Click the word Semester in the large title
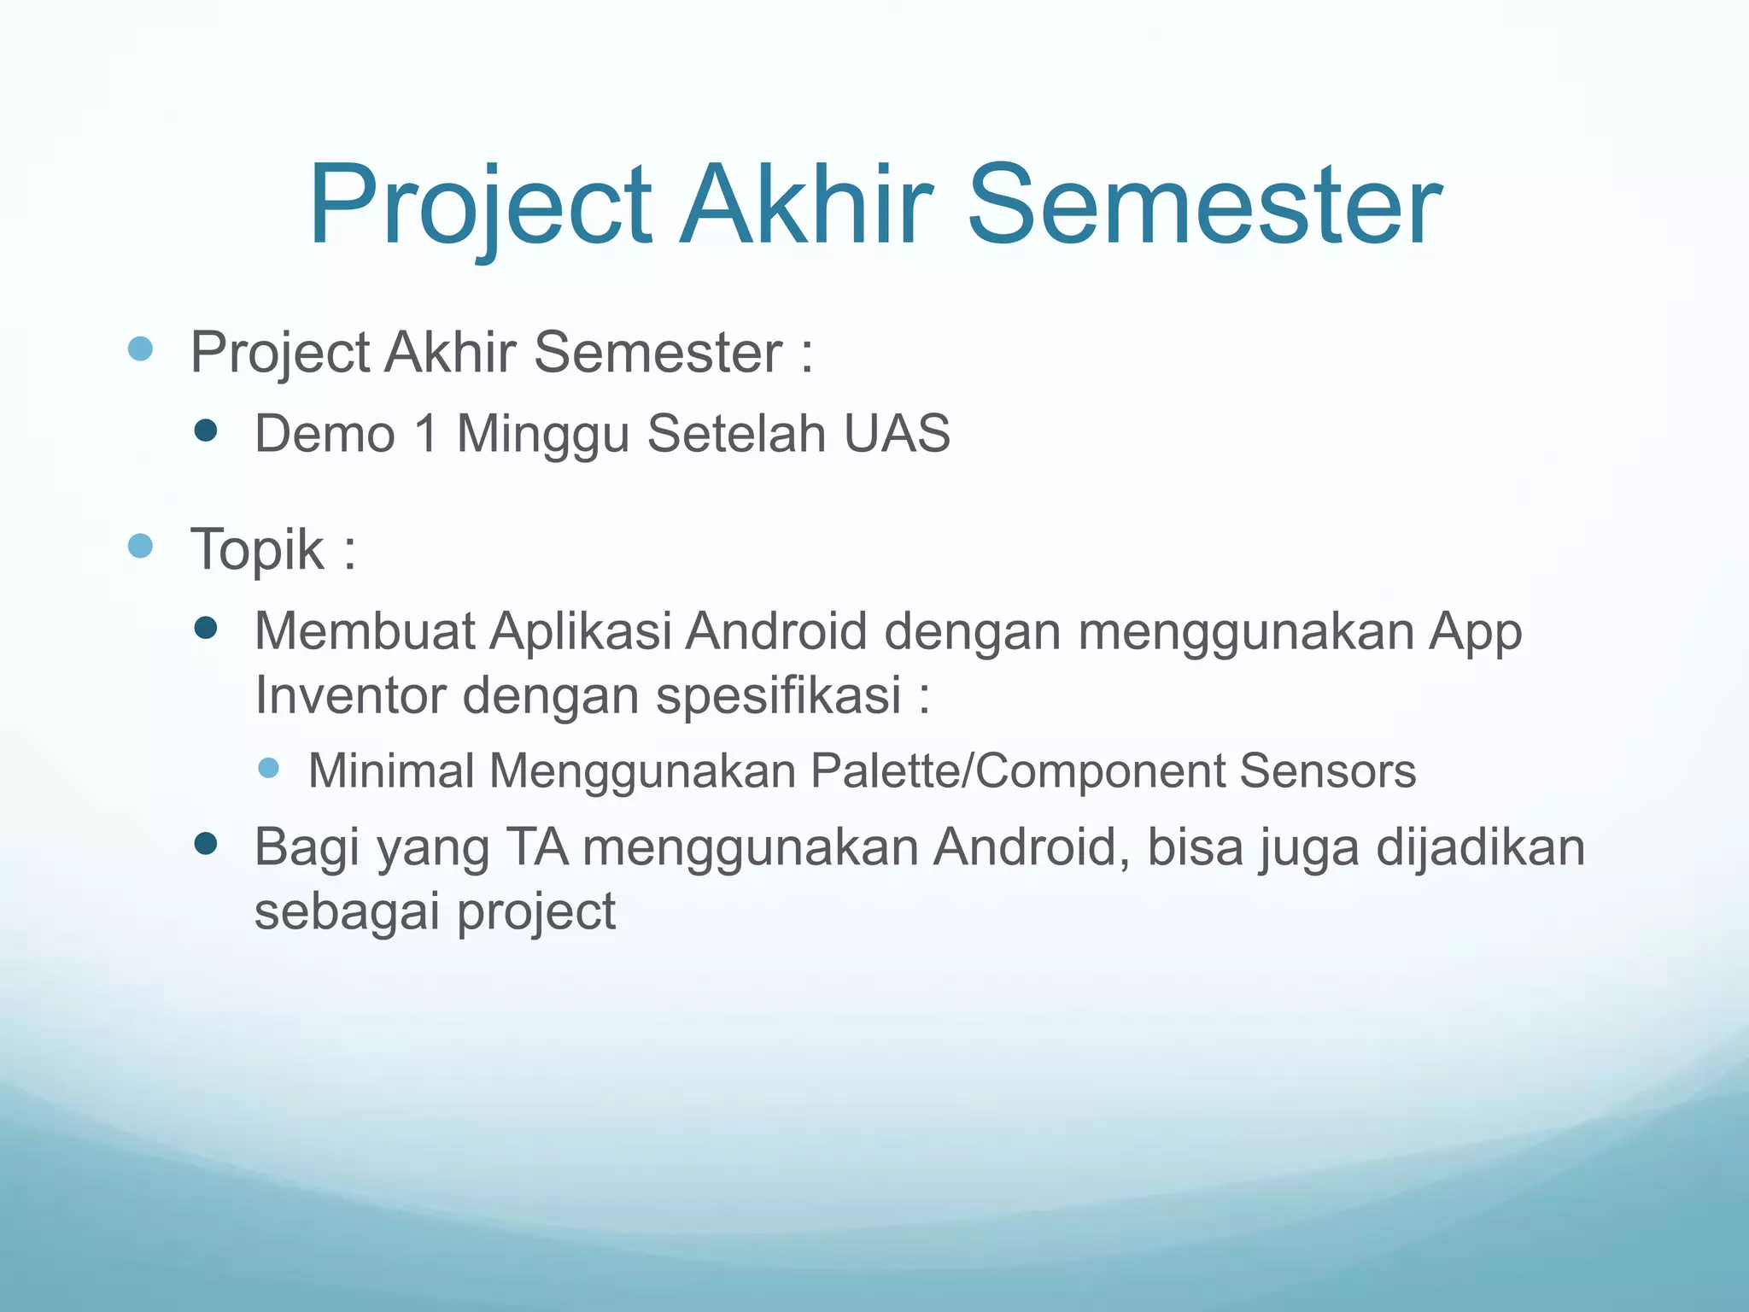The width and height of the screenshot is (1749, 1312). (1204, 207)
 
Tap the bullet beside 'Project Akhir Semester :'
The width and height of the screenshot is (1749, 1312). (140, 349)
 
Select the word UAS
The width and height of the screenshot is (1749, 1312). (896, 433)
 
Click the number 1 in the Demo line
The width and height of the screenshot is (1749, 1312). (426, 433)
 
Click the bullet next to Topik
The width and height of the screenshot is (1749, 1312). (140, 546)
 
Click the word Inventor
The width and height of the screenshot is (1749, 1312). (350, 694)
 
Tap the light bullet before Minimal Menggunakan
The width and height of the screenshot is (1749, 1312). (268, 768)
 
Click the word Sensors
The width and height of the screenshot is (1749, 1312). (1327, 770)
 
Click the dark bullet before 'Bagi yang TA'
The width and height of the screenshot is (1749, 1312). (206, 845)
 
